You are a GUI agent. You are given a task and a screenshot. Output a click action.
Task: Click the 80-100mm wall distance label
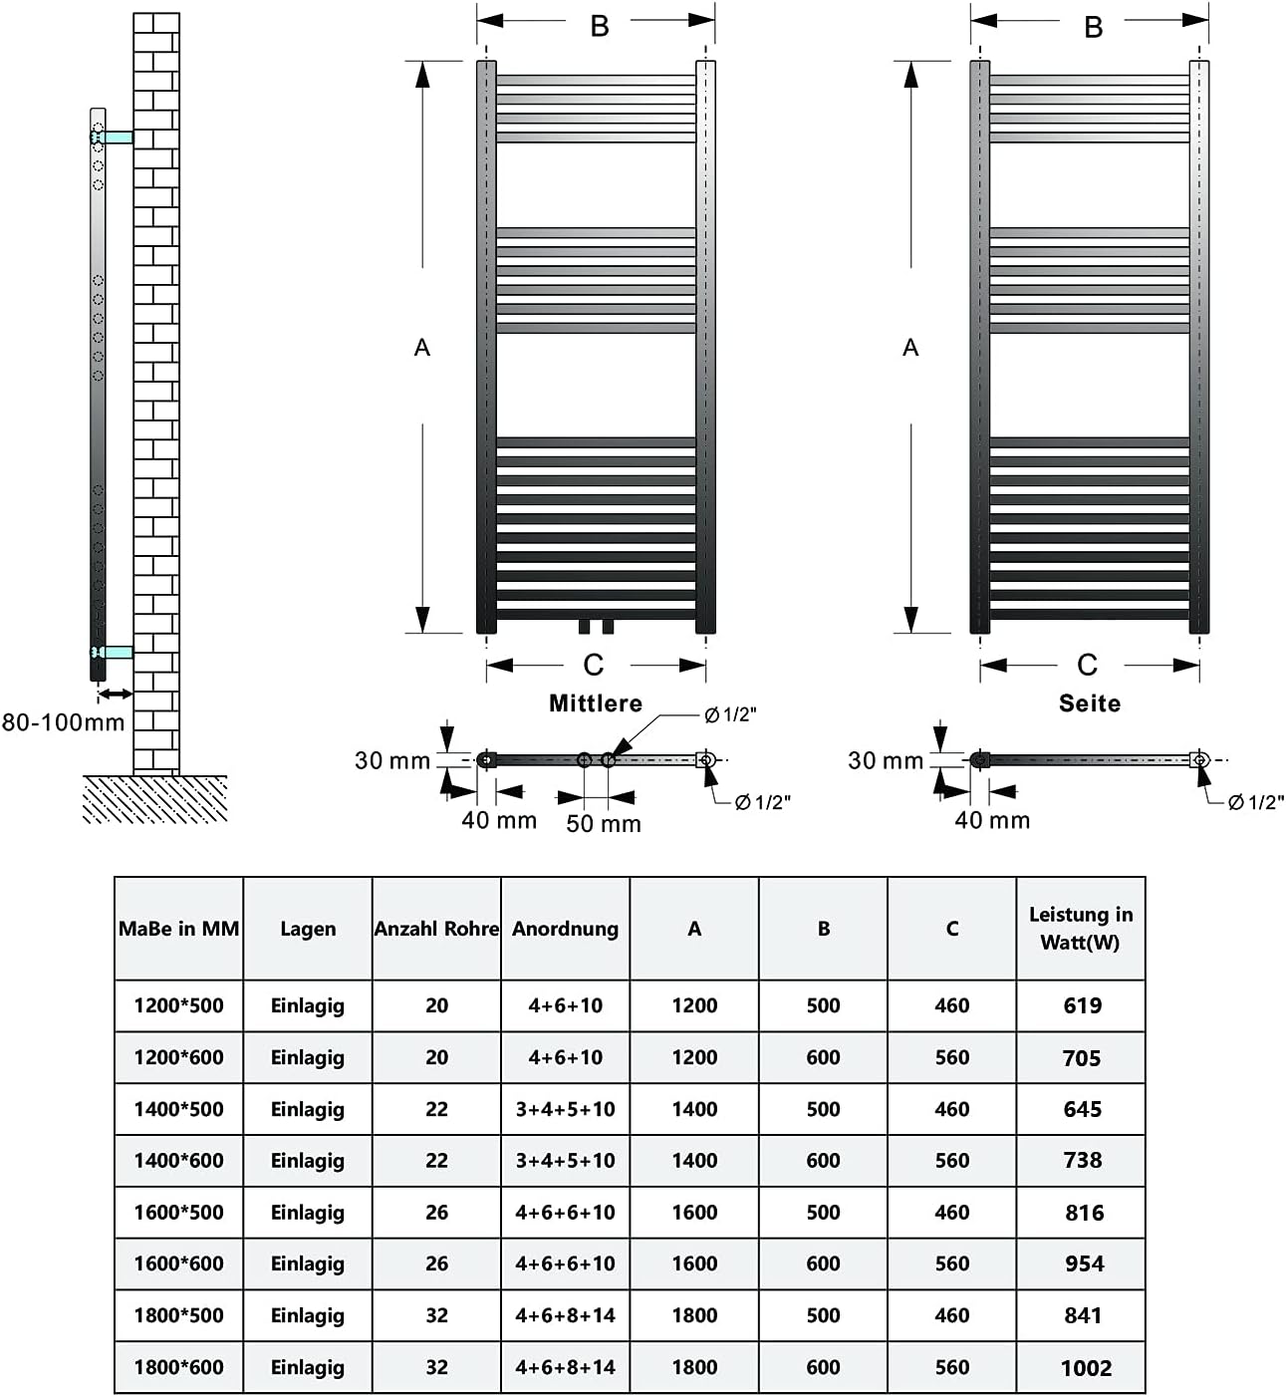(63, 721)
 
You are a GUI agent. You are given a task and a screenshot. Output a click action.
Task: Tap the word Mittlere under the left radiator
(596, 703)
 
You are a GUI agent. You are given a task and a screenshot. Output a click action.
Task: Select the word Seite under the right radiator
(1089, 703)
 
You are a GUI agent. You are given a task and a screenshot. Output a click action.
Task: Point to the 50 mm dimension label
(604, 824)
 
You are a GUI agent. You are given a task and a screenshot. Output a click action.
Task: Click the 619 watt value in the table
(1082, 1005)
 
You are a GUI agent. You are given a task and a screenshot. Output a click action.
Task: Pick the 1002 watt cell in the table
(1085, 1368)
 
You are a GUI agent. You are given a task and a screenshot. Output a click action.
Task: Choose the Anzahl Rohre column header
(436, 929)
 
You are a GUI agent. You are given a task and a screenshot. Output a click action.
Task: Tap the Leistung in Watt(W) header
(1081, 928)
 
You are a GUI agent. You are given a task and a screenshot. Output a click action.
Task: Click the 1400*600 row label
(178, 1160)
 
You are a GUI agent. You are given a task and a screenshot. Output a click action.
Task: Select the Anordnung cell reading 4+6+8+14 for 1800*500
(565, 1315)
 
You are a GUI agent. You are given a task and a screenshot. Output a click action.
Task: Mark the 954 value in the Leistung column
(1084, 1263)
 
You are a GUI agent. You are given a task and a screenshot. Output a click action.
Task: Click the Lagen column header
(308, 929)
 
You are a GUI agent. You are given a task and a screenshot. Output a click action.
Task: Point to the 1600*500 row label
(178, 1212)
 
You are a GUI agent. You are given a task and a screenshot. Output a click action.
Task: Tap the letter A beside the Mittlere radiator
(422, 348)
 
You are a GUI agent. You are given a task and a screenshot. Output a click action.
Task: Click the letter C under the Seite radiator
(1087, 665)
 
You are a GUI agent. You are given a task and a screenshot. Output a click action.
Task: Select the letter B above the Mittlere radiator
(599, 26)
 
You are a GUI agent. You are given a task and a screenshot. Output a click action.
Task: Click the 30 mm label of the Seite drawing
(886, 760)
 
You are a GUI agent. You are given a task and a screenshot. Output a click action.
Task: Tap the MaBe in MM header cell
(179, 929)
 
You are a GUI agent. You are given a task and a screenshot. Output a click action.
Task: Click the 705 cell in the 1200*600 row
(1082, 1058)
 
